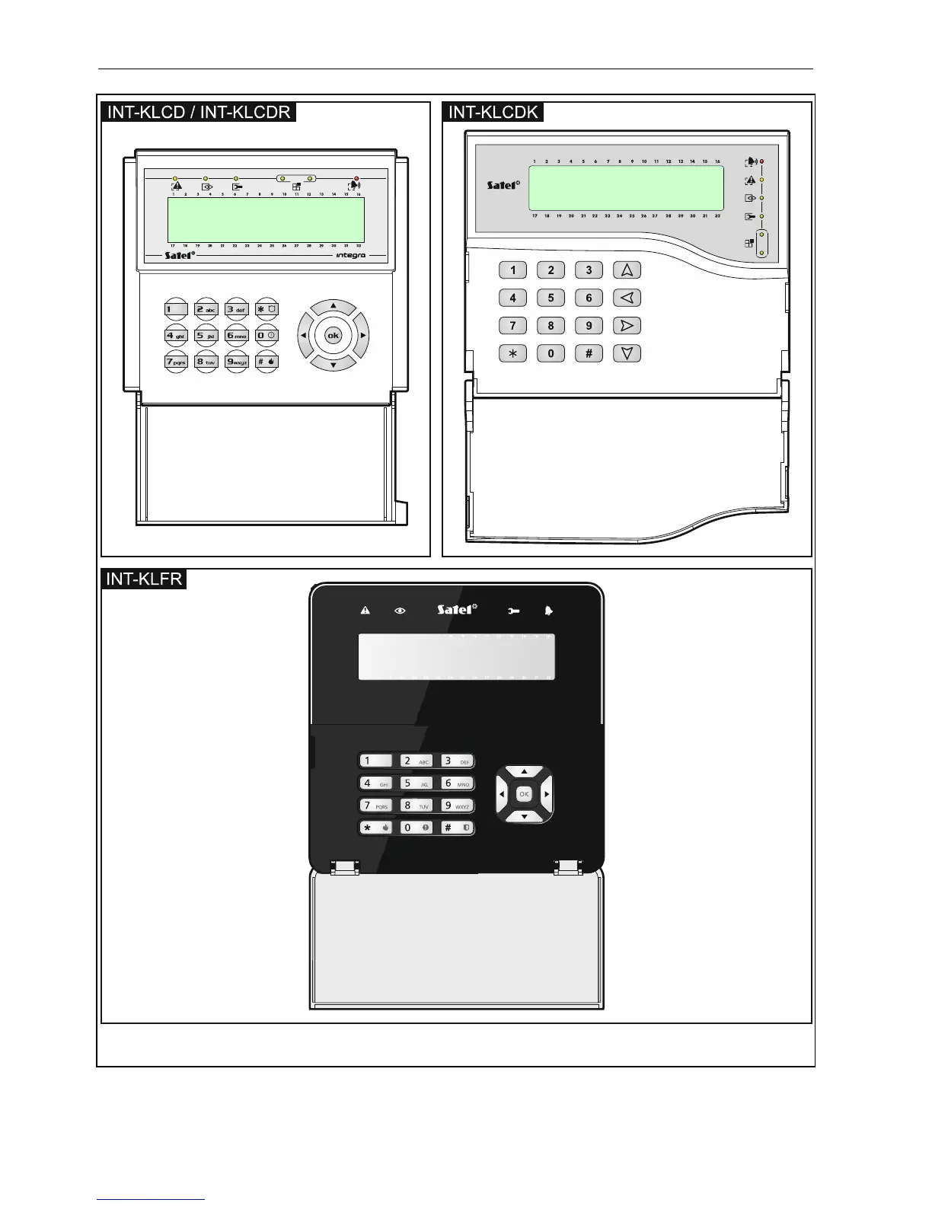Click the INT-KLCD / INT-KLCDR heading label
pos(199,113)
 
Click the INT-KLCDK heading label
pos(493,113)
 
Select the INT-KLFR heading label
pos(144,579)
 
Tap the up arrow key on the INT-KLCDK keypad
pos(627,270)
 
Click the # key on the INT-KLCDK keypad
pos(589,353)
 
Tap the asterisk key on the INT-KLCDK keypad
pos(512,353)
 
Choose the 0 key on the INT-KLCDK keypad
pos(551,353)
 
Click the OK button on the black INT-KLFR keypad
pos(524,794)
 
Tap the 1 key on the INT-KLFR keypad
pos(375,761)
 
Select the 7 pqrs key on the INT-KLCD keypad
pos(176,362)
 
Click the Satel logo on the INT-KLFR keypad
pos(457,609)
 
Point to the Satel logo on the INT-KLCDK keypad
pos(503,184)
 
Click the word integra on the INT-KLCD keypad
pos(351,255)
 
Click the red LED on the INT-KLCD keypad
pos(356,178)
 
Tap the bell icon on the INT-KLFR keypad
pos(548,611)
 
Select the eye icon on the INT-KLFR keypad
pos(401,611)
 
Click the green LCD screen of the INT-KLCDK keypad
pos(626,188)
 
